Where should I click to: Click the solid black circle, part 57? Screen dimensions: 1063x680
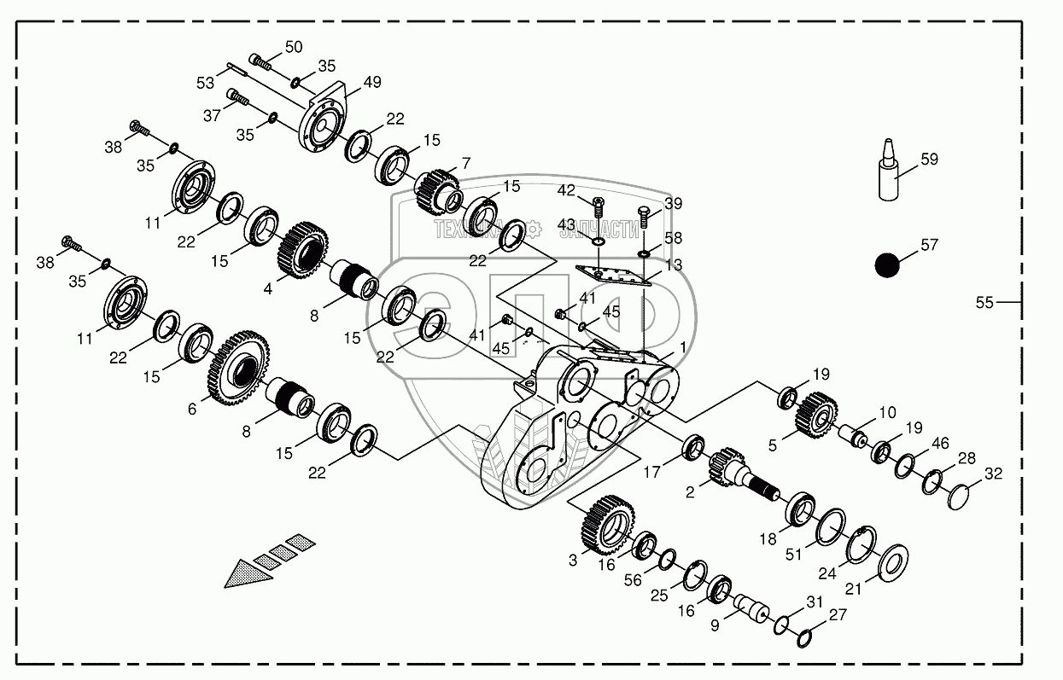point(887,265)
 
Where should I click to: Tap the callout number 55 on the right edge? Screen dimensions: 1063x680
point(984,302)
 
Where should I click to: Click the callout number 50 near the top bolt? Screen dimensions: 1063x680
point(293,47)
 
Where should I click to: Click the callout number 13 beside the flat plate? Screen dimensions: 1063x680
point(674,265)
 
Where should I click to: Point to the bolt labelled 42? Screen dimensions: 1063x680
point(598,206)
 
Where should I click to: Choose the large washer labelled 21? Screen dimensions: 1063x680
point(888,561)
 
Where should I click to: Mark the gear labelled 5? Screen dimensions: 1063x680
point(815,412)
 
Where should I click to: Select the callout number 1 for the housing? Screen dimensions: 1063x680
point(682,348)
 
